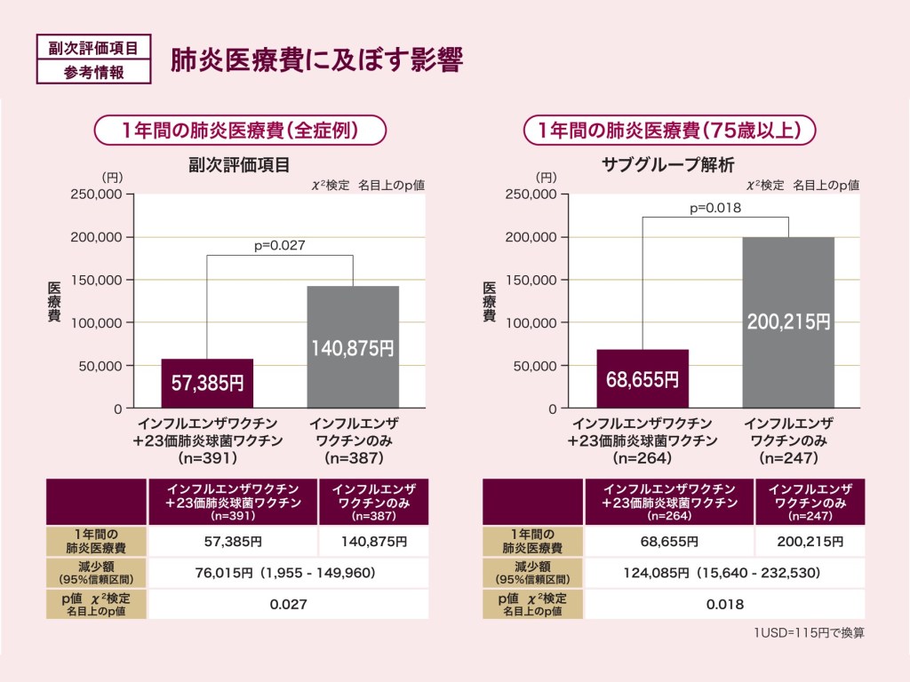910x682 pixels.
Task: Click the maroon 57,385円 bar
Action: tap(207, 383)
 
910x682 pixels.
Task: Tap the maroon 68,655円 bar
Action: tap(643, 378)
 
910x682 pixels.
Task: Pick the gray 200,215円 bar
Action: tap(788, 321)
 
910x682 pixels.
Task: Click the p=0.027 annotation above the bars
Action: tap(280, 245)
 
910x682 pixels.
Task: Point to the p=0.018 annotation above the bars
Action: tap(715, 208)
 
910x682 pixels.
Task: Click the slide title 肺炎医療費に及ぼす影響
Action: tap(316, 59)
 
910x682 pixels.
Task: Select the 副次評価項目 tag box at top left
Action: tap(93, 47)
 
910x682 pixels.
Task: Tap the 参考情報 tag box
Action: tap(93, 72)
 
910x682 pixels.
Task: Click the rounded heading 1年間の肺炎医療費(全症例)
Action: tap(240, 131)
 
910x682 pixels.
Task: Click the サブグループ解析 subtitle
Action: tap(667, 164)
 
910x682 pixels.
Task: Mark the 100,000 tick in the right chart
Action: tap(531, 322)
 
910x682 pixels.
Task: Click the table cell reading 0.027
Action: tap(288, 604)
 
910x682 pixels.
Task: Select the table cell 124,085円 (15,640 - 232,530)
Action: tap(724, 573)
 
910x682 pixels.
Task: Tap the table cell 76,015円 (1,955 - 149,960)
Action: tap(288, 573)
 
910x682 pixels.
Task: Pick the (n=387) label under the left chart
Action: tap(354, 458)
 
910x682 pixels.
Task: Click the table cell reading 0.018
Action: tap(724, 604)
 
